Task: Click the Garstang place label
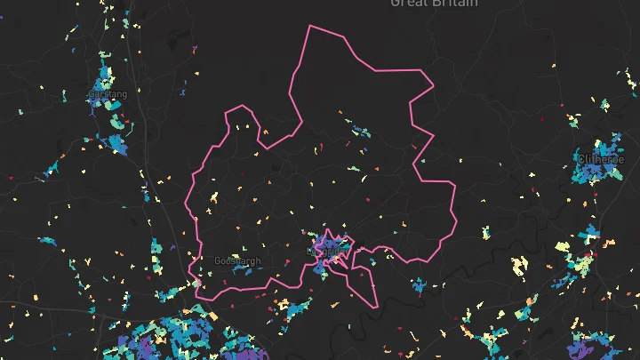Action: point(108,93)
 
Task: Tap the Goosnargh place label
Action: point(237,260)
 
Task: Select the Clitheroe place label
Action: point(602,160)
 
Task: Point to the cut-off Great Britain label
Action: point(433,4)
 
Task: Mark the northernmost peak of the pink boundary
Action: point(309,26)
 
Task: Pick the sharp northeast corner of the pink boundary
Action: point(433,86)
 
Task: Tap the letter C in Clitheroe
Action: point(580,160)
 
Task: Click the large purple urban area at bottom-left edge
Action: point(178,342)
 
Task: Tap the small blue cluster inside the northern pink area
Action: point(360,132)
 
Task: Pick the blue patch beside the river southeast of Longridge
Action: point(418,286)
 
